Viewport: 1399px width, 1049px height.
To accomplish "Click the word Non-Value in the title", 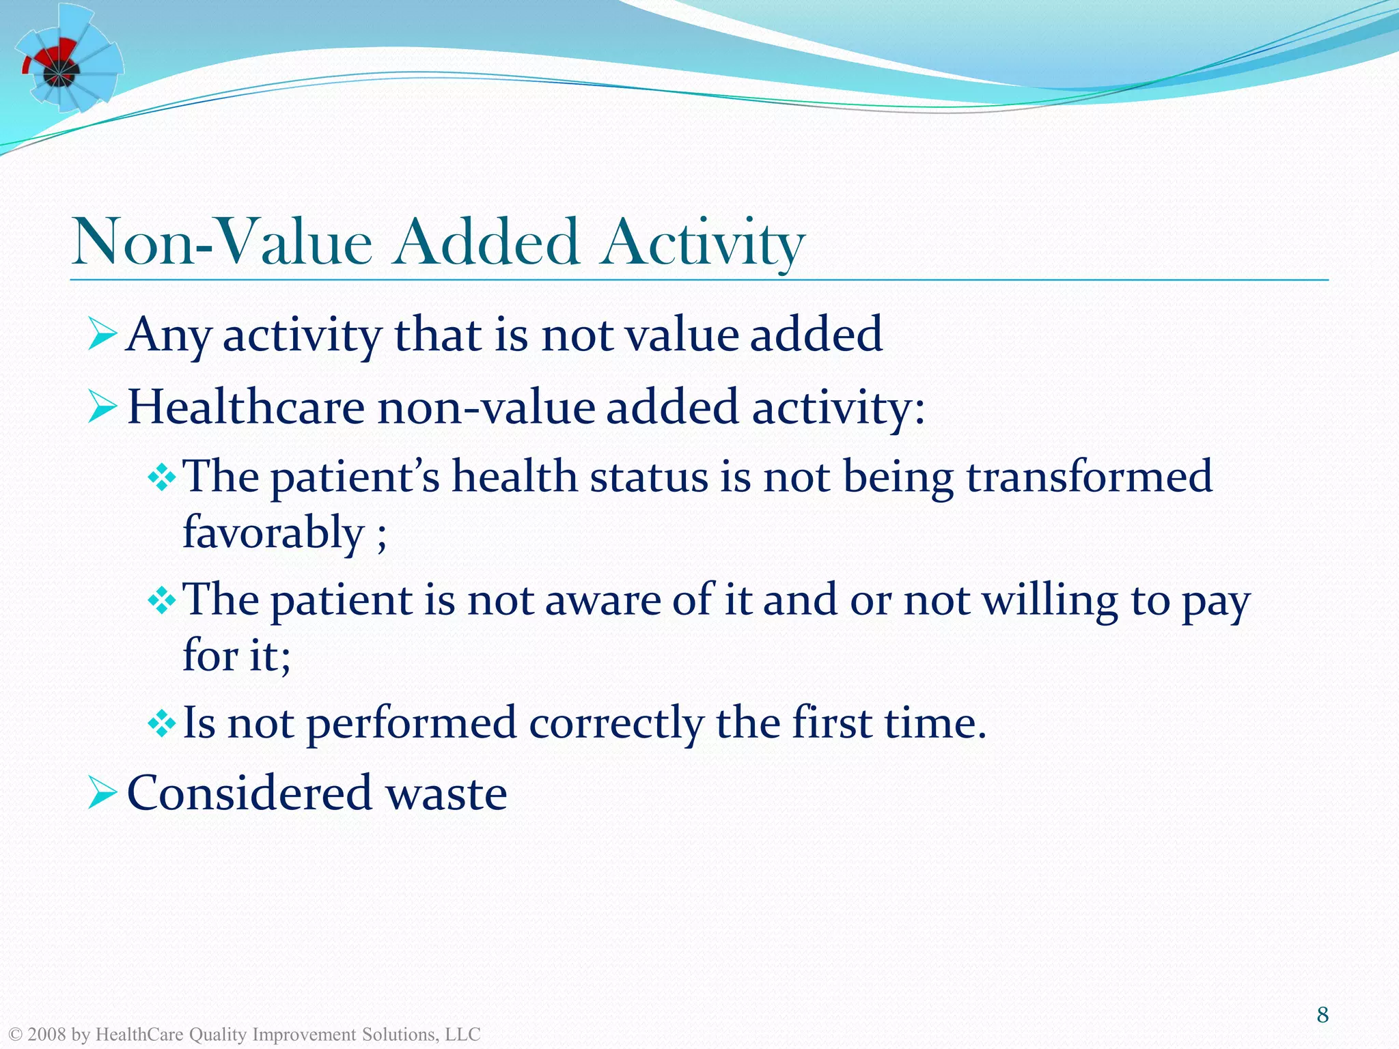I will click(x=222, y=243).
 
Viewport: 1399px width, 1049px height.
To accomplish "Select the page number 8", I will click(x=1322, y=1015).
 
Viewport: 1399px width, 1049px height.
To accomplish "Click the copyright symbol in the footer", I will click(x=14, y=1035).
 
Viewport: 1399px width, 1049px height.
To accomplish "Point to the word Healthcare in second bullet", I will click(x=246, y=407).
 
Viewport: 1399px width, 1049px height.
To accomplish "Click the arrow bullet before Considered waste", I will click(x=102, y=794).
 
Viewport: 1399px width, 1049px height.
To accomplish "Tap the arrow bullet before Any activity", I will click(x=102, y=335).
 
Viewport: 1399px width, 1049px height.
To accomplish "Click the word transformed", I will click(x=1089, y=477).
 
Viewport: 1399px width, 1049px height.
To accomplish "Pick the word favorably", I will click(x=273, y=533).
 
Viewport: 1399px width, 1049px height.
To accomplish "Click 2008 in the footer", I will click(x=46, y=1035).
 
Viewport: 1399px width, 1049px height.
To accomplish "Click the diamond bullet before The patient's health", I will click(x=162, y=477).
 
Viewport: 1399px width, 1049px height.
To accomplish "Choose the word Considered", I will click(x=250, y=794).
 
